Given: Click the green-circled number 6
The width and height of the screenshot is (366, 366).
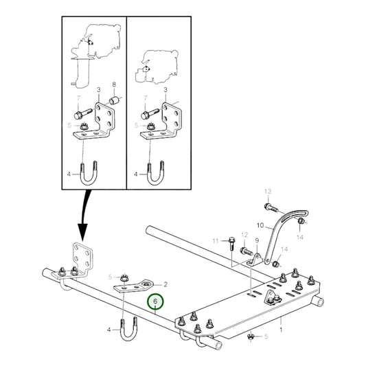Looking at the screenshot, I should pos(156,301).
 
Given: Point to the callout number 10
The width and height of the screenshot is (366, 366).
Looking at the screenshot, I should pos(260,225).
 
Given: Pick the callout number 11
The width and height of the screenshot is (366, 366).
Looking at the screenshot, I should pos(215,241).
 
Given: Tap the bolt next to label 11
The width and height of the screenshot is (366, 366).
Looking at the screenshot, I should pos(232,242).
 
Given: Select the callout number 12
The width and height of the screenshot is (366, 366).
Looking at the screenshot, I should pos(244,235).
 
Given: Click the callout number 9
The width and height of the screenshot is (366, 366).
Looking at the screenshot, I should pos(256,240).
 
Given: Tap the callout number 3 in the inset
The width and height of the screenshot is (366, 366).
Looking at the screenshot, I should pos(98,90).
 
